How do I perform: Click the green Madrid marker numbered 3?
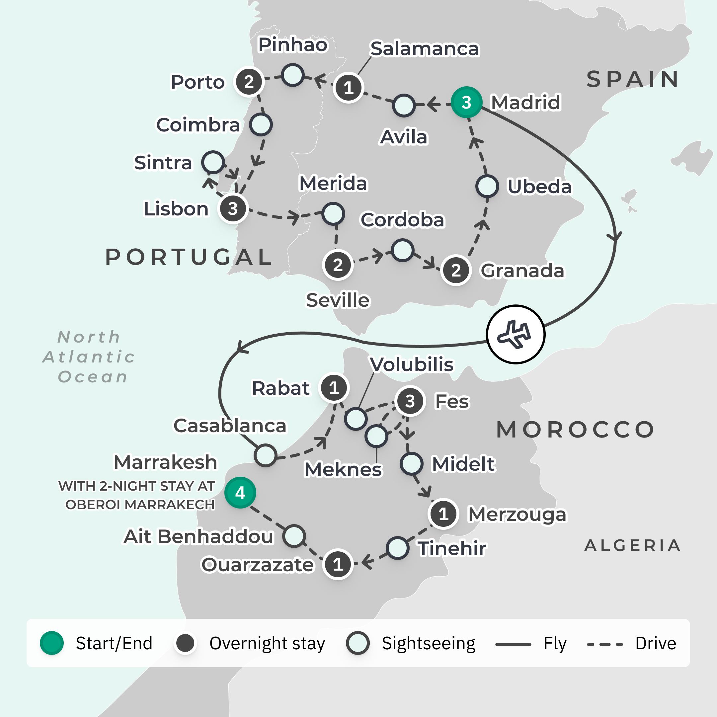pyautogui.click(x=466, y=103)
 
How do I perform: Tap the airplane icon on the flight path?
pyautogui.click(x=516, y=334)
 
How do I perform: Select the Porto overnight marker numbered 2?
pyautogui.click(x=249, y=82)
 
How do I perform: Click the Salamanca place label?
pyautogui.click(x=425, y=48)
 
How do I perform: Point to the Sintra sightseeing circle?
pyautogui.click(x=213, y=162)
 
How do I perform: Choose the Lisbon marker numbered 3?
pyautogui.click(x=233, y=208)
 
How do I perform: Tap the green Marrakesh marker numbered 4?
pyautogui.click(x=240, y=493)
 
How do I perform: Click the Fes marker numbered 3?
pyautogui.click(x=410, y=401)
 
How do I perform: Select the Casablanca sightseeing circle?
pyautogui.click(x=266, y=455)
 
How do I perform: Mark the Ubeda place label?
pyautogui.click(x=539, y=186)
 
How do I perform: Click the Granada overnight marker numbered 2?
pyautogui.click(x=456, y=270)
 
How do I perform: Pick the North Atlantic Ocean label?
pyautogui.click(x=89, y=357)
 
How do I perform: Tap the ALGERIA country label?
pyautogui.click(x=632, y=545)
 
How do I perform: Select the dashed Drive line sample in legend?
pyautogui.click(x=604, y=645)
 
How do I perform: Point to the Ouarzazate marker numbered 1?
pyautogui.click(x=338, y=564)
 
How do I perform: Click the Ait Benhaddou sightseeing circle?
pyautogui.click(x=294, y=536)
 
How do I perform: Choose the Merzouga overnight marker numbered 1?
pyautogui.click(x=443, y=514)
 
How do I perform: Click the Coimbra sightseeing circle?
pyautogui.click(x=261, y=125)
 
